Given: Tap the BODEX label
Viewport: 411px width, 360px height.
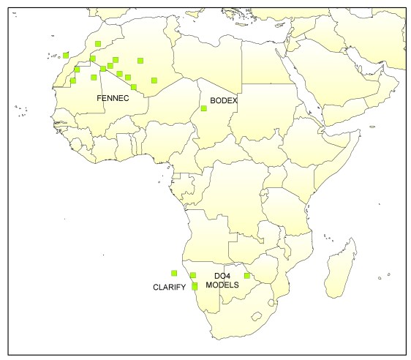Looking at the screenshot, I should [x=223, y=101].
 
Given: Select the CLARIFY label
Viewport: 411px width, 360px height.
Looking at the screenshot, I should [x=169, y=286].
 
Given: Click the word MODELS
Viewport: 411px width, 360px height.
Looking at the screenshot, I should [x=222, y=286].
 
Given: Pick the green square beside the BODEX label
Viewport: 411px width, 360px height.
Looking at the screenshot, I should [x=204, y=109].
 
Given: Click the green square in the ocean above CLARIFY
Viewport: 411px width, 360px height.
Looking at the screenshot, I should [x=174, y=273].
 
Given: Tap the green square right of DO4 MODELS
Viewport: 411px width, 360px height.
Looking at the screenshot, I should [x=247, y=276].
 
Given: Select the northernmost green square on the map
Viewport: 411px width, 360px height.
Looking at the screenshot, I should [x=98, y=45].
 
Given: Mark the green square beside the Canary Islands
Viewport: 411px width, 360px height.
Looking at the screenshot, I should [x=66, y=55].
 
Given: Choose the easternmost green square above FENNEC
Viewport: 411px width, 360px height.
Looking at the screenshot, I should [x=154, y=80].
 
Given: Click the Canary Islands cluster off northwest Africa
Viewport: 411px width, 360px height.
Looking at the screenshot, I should [x=53, y=57].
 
